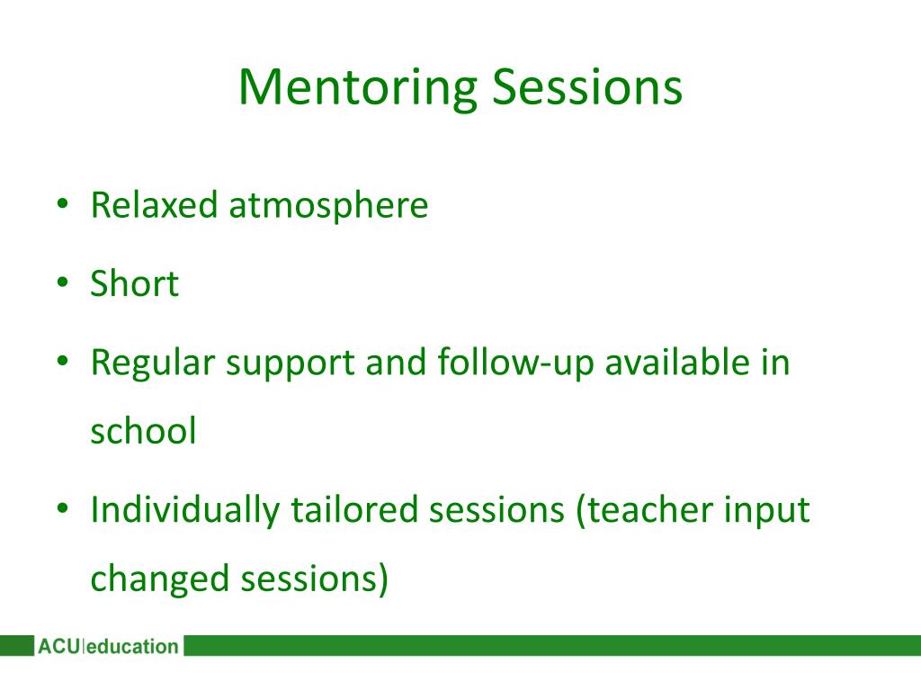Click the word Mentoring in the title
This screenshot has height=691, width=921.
(357, 88)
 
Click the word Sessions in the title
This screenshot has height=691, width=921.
(587, 88)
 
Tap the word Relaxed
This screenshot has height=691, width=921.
(154, 205)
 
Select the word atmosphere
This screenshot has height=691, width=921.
(328, 205)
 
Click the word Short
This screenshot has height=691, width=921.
(134, 284)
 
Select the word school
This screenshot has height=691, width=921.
(143, 431)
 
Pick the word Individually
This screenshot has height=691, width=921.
(184, 510)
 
